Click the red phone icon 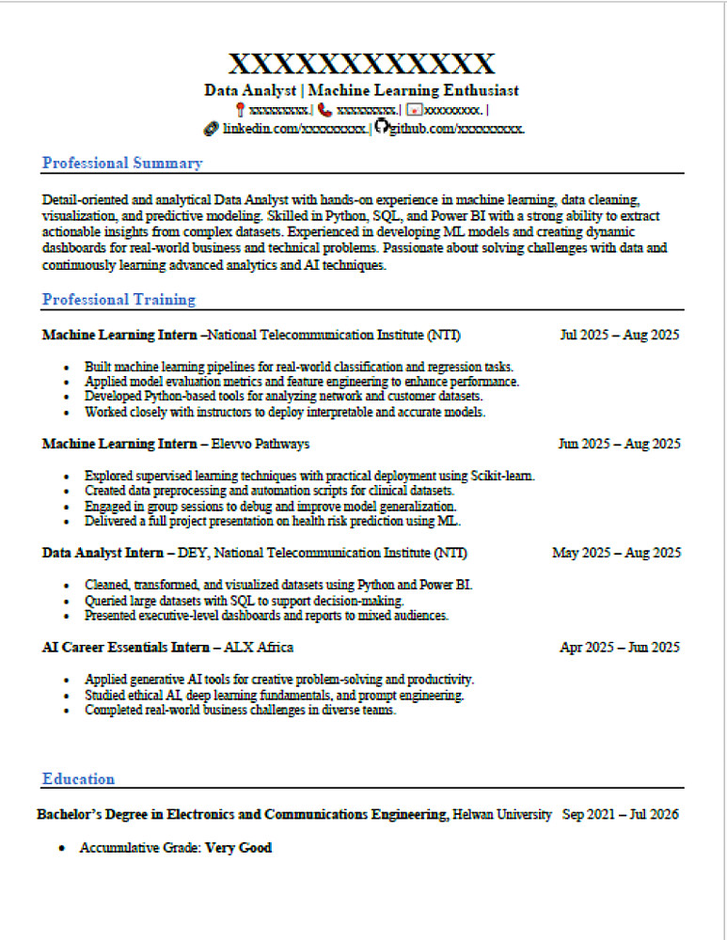[325, 110]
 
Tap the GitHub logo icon [381, 127]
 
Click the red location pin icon [241, 110]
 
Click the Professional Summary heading [122, 164]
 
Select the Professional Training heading [119, 300]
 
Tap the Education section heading [78, 778]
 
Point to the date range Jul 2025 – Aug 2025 [619, 335]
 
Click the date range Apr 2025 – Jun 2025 [619, 647]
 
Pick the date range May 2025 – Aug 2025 [616, 553]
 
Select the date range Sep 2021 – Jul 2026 [621, 814]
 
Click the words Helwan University [502, 814]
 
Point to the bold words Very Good [239, 848]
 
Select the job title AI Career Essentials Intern [126, 647]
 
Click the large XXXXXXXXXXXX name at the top [362, 64]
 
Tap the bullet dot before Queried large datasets [66, 602]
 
